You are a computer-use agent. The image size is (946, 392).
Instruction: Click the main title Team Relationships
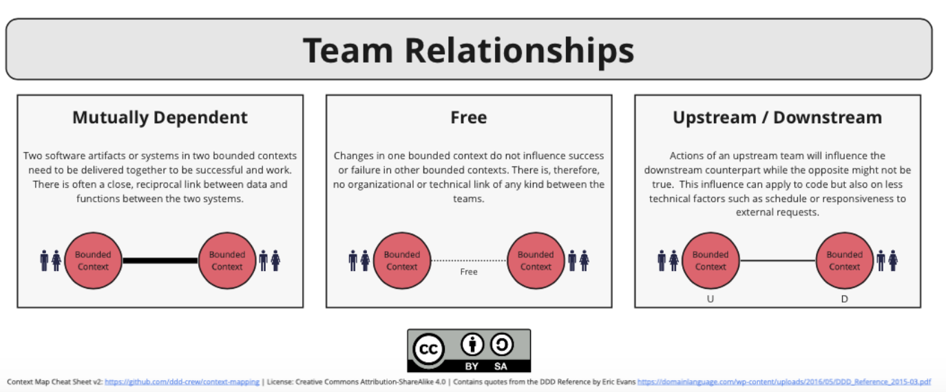point(468,50)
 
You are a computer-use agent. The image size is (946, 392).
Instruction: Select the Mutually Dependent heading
point(160,118)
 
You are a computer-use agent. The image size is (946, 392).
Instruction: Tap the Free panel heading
point(468,118)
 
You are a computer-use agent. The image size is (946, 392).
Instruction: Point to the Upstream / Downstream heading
point(777,118)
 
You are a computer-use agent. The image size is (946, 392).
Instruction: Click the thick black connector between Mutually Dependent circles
point(160,261)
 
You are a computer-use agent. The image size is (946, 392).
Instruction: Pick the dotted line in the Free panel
point(468,261)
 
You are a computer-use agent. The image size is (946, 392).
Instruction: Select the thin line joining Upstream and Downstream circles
point(777,261)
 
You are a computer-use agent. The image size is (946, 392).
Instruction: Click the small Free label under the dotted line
point(468,272)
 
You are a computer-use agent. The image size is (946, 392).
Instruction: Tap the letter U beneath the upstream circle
point(710,299)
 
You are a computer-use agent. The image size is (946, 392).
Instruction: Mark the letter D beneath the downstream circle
point(844,299)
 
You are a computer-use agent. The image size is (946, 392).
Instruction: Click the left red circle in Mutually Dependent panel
point(93,261)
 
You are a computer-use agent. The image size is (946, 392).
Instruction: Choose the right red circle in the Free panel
point(536,261)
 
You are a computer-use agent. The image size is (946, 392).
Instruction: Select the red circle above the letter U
point(710,261)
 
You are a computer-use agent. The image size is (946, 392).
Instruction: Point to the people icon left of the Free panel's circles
point(359,261)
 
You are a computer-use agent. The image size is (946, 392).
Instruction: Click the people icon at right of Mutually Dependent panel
point(269,261)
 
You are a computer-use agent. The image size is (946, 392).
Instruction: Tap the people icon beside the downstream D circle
point(886,261)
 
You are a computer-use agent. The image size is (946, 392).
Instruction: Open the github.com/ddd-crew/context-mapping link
point(182,382)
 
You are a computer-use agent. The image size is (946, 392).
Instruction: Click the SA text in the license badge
point(501,366)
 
